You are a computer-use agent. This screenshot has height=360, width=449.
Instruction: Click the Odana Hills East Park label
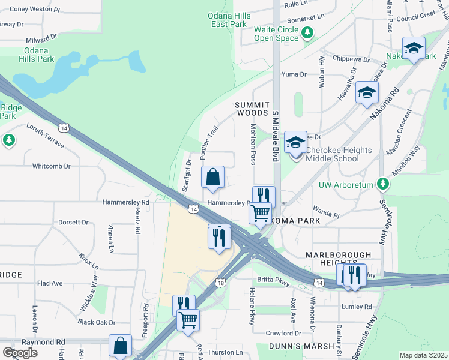(228, 20)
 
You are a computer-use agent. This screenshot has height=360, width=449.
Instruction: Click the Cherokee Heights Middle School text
(339, 154)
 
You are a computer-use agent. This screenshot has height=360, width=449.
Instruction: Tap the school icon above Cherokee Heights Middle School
(295, 143)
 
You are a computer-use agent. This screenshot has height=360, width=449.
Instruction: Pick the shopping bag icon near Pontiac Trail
(213, 178)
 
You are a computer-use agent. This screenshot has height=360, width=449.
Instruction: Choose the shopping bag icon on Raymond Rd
(120, 346)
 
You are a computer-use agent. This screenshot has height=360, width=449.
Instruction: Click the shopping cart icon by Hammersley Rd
(261, 213)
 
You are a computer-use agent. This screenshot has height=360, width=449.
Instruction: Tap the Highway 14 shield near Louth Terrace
(63, 127)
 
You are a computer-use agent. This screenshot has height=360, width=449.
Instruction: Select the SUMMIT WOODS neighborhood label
(251, 109)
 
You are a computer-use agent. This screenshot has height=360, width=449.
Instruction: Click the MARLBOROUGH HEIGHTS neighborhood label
(331, 258)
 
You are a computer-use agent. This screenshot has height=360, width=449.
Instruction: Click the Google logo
(20, 353)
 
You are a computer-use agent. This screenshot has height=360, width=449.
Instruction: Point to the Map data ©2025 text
(423, 355)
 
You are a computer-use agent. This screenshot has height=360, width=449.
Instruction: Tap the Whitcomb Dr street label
(51, 166)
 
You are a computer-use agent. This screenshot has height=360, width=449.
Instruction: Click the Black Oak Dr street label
(96, 322)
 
